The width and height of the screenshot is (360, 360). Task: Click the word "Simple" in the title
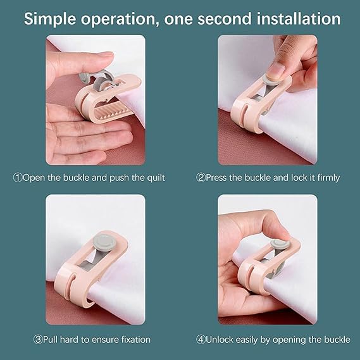click(x=50, y=19)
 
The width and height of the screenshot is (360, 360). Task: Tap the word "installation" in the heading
click(x=299, y=18)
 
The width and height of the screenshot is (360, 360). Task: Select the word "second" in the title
click(x=225, y=19)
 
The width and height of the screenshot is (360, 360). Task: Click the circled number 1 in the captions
click(x=18, y=178)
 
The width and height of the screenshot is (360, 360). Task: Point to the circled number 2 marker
click(x=201, y=178)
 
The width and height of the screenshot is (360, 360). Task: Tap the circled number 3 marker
click(x=38, y=340)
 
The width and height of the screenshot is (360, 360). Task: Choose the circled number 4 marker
click(x=201, y=340)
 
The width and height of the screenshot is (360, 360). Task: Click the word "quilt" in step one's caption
click(x=156, y=178)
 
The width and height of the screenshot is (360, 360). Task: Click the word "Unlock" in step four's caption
click(x=220, y=340)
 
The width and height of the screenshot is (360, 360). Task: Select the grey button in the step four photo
click(x=278, y=244)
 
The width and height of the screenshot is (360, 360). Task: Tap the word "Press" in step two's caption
click(x=216, y=178)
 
